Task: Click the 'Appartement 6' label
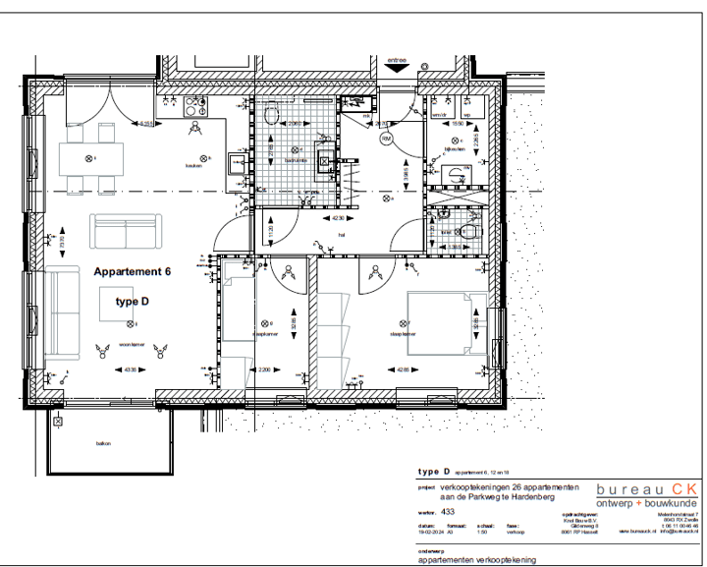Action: click(x=133, y=270)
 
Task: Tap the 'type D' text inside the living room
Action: click(x=133, y=301)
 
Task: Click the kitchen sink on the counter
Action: click(x=237, y=163)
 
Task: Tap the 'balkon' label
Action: click(x=103, y=443)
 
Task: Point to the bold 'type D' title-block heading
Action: click(x=433, y=472)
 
